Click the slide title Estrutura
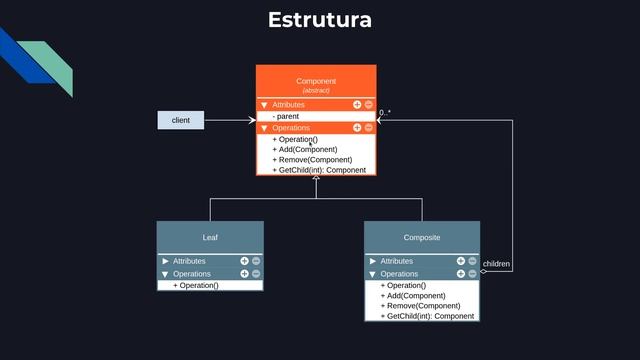(320, 20)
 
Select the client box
(181, 120)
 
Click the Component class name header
(316, 80)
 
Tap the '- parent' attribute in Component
(286, 116)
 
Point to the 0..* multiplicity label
(385, 113)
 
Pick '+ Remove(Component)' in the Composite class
(420, 306)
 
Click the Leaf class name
(210, 238)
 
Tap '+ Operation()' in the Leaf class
(196, 285)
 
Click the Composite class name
(421, 238)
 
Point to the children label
(496, 264)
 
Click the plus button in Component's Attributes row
(357, 104)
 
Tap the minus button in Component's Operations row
(368, 128)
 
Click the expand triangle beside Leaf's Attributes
(165, 261)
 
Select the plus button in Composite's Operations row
(461, 273)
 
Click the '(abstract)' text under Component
(316, 90)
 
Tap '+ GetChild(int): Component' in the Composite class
(427, 316)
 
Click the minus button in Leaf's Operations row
(256, 273)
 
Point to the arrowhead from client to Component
(252, 120)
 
